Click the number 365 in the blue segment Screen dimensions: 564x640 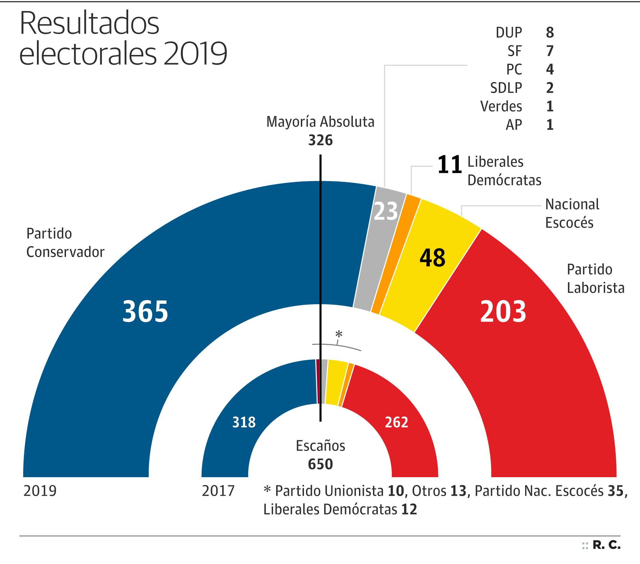pos(145,311)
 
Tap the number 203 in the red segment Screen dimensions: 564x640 pos(503,311)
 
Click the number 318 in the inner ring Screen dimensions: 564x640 pos(244,422)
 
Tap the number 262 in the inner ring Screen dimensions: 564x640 pos(397,422)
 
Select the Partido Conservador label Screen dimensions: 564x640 pos(65,243)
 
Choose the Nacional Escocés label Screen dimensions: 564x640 pos(572,213)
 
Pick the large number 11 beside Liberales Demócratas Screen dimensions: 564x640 pos(449,165)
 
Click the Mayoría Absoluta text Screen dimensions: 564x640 pos(320,122)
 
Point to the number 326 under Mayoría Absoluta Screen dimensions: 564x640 pos(320,140)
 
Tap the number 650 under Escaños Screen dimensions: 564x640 pos(320,464)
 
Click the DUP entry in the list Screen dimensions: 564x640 pos(509,33)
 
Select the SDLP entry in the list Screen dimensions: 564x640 pos(506,88)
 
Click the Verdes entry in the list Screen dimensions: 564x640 pos(501,107)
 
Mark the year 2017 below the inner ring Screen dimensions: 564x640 pos(218,491)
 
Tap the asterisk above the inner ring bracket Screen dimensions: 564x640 pos(338,334)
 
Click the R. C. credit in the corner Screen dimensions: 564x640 pos(606,545)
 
